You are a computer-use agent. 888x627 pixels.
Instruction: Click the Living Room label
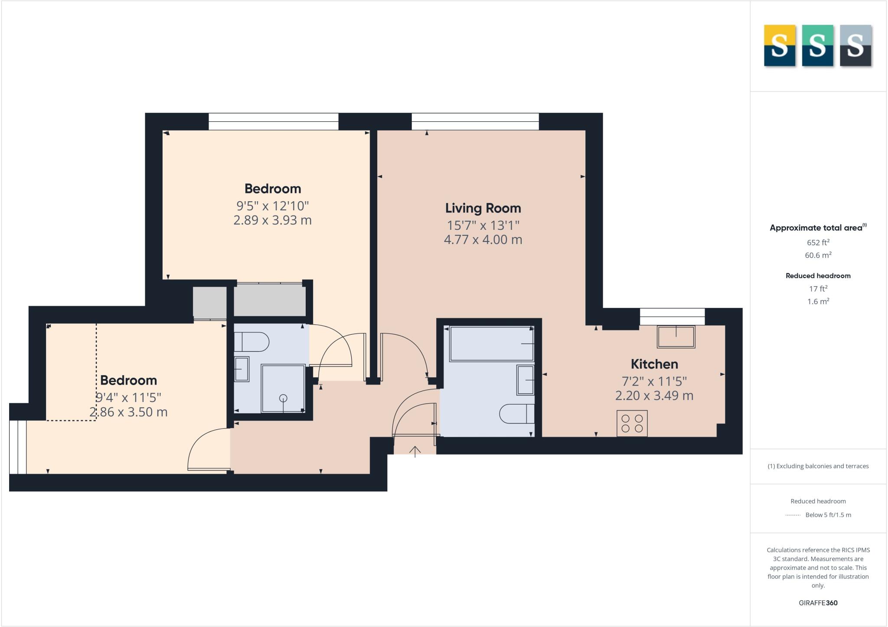483,208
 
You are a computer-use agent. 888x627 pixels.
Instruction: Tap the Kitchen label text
654,364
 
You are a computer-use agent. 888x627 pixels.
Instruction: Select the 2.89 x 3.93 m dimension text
272,220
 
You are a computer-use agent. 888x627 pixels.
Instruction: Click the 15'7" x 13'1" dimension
483,225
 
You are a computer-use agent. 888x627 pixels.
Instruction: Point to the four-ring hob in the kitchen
632,423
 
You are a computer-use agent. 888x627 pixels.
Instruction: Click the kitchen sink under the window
676,336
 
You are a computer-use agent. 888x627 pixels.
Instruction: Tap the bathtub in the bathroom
491,344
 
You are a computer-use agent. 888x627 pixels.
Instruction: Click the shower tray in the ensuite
283,389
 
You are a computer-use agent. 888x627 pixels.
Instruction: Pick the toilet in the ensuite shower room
251,342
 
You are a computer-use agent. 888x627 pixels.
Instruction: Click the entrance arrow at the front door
415,452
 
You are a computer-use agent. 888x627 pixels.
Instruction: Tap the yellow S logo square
779,46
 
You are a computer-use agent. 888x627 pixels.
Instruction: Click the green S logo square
817,46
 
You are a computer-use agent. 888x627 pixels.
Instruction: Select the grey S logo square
855,46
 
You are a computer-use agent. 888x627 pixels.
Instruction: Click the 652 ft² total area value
818,242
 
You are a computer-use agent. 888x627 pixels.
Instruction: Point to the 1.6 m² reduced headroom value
818,301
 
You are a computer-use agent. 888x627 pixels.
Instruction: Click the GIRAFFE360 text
818,603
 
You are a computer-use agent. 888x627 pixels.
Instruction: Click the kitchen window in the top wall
672,317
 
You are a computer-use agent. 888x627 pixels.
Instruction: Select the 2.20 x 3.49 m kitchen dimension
654,396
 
